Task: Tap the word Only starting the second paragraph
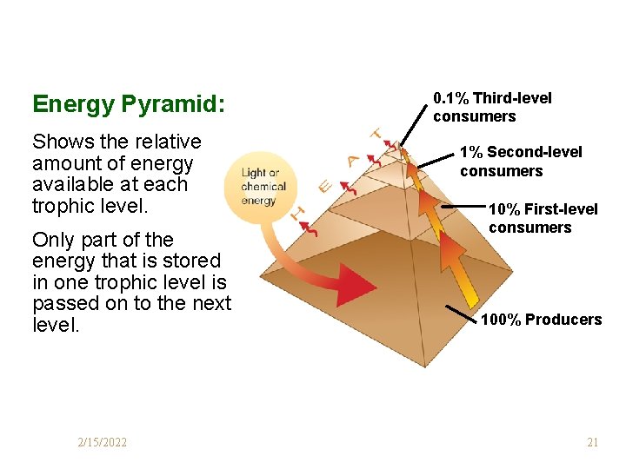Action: (x=54, y=240)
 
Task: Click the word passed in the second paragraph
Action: (x=63, y=303)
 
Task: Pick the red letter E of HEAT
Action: (x=323, y=185)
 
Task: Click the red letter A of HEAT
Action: (x=351, y=160)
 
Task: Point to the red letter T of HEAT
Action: (x=376, y=134)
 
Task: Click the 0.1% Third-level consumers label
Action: (x=492, y=107)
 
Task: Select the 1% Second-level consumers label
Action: (x=521, y=162)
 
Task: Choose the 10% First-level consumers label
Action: (x=543, y=218)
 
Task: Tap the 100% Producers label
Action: (x=541, y=320)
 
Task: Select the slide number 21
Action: (x=592, y=443)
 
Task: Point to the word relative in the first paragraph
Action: (x=165, y=142)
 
